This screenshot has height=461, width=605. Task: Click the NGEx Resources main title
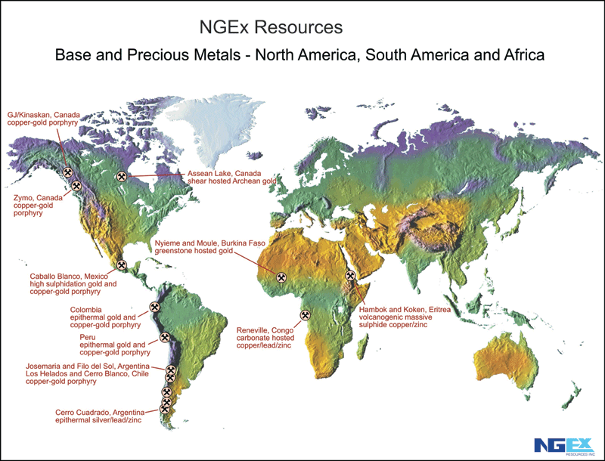click(x=271, y=28)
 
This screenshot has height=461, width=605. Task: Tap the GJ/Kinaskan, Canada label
click(x=43, y=119)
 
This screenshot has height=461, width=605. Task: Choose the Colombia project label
click(x=105, y=317)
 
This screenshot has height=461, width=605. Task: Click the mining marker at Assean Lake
click(x=121, y=177)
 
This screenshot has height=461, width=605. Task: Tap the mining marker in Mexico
click(x=121, y=265)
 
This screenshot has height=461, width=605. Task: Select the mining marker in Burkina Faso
click(x=281, y=278)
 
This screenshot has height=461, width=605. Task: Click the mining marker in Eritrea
click(x=350, y=276)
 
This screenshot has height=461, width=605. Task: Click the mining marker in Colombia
click(x=155, y=308)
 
